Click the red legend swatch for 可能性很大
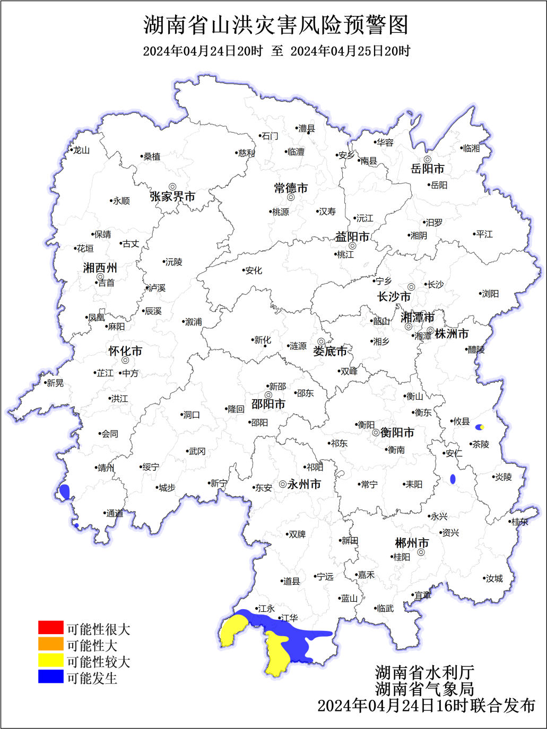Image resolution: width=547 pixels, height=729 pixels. click(x=50, y=628)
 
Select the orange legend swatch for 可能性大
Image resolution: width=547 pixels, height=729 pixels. click(x=50, y=644)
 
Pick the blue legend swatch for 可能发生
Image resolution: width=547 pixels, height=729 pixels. click(x=50, y=677)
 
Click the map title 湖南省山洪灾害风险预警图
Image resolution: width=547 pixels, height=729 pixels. click(x=276, y=25)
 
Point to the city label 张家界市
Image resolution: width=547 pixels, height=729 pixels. click(x=172, y=197)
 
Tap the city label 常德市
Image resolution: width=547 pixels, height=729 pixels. click(x=291, y=188)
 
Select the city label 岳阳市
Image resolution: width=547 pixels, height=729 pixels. click(x=427, y=169)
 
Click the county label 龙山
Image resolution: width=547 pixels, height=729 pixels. click(x=81, y=151)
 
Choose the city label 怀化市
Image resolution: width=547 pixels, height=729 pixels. click(x=125, y=351)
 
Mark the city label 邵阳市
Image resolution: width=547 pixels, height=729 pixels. click(x=268, y=404)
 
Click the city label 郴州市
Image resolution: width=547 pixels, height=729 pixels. click(x=412, y=543)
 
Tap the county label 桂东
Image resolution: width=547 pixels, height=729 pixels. click(x=520, y=522)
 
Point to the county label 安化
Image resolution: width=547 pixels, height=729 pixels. click(x=254, y=270)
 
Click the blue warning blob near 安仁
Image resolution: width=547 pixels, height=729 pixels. click(x=453, y=479)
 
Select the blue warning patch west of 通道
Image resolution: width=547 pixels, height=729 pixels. click(x=65, y=491)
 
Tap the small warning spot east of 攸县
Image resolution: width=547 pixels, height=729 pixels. click(x=480, y=427)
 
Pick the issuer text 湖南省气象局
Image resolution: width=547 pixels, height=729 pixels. click(x=424, y=689)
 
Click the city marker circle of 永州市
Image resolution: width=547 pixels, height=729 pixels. click(x=283, y=484)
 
